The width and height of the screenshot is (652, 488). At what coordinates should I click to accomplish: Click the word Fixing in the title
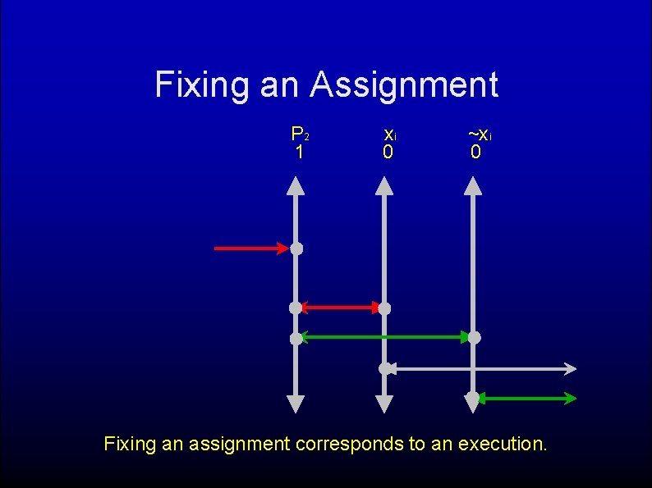coord(202,85)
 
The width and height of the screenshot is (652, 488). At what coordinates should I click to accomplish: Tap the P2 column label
coord(300,134)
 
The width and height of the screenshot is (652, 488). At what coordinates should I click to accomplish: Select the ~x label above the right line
coord(480,134)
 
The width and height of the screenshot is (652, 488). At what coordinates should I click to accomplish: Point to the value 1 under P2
coord(300,153)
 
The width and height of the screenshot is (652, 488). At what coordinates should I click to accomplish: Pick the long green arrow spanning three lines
coord(384,337)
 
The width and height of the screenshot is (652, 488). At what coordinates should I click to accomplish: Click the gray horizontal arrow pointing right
coord(484,369)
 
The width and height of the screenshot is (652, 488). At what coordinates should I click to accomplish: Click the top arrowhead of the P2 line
coord(296,186)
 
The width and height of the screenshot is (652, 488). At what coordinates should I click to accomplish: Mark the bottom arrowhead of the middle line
coord(384,404)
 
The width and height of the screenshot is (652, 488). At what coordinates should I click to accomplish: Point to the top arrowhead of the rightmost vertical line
coord(473,186)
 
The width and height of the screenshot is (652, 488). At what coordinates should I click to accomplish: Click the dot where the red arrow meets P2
coord(296,248)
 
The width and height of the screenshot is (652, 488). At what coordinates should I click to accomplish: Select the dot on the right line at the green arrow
coord(474,337)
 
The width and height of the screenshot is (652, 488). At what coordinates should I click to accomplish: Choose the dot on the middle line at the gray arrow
coord(384,369)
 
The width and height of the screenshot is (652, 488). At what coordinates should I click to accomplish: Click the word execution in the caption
coord(501,445)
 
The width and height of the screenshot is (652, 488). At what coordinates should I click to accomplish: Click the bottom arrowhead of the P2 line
coord(296,404)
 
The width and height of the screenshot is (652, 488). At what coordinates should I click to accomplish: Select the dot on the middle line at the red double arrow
coord(384,308)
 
